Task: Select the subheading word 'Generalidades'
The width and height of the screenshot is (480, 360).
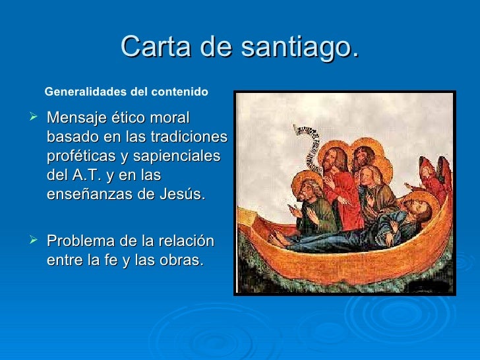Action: tap(84, 92)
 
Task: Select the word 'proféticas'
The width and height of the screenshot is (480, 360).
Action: tap(82, 157)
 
